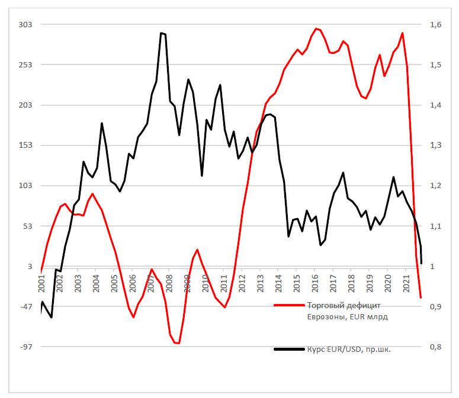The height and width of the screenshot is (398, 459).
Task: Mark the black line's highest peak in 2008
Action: (x=162, y=33)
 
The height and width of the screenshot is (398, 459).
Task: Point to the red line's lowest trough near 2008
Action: (x=177, y=343)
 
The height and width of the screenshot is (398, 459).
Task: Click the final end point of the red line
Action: (x=421, y=297)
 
